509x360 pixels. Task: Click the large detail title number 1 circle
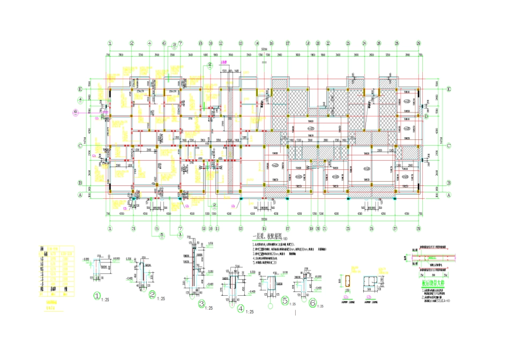tap(97, 295)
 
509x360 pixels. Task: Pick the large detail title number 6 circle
tap(313, 302)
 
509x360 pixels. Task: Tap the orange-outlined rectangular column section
tap(347, 281)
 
